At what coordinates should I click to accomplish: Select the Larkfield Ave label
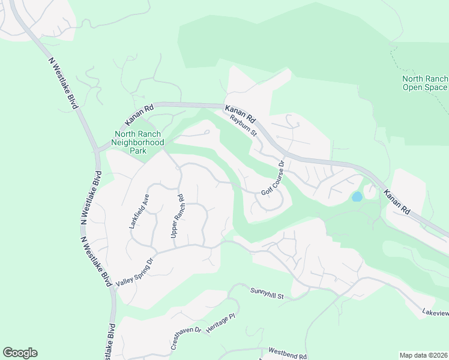(x=138, y=211)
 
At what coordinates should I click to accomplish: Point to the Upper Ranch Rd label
(x=177, y=214)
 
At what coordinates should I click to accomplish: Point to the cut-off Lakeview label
(x=435, y=313)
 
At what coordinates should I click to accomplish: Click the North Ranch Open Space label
(x=425, y=83)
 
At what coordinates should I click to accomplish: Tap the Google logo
(x=20, y=353)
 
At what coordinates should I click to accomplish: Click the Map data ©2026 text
(x=423, y=355)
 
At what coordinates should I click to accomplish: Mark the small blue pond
(x=357, y=196)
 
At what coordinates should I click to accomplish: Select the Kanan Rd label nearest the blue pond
(x=397, y=203)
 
